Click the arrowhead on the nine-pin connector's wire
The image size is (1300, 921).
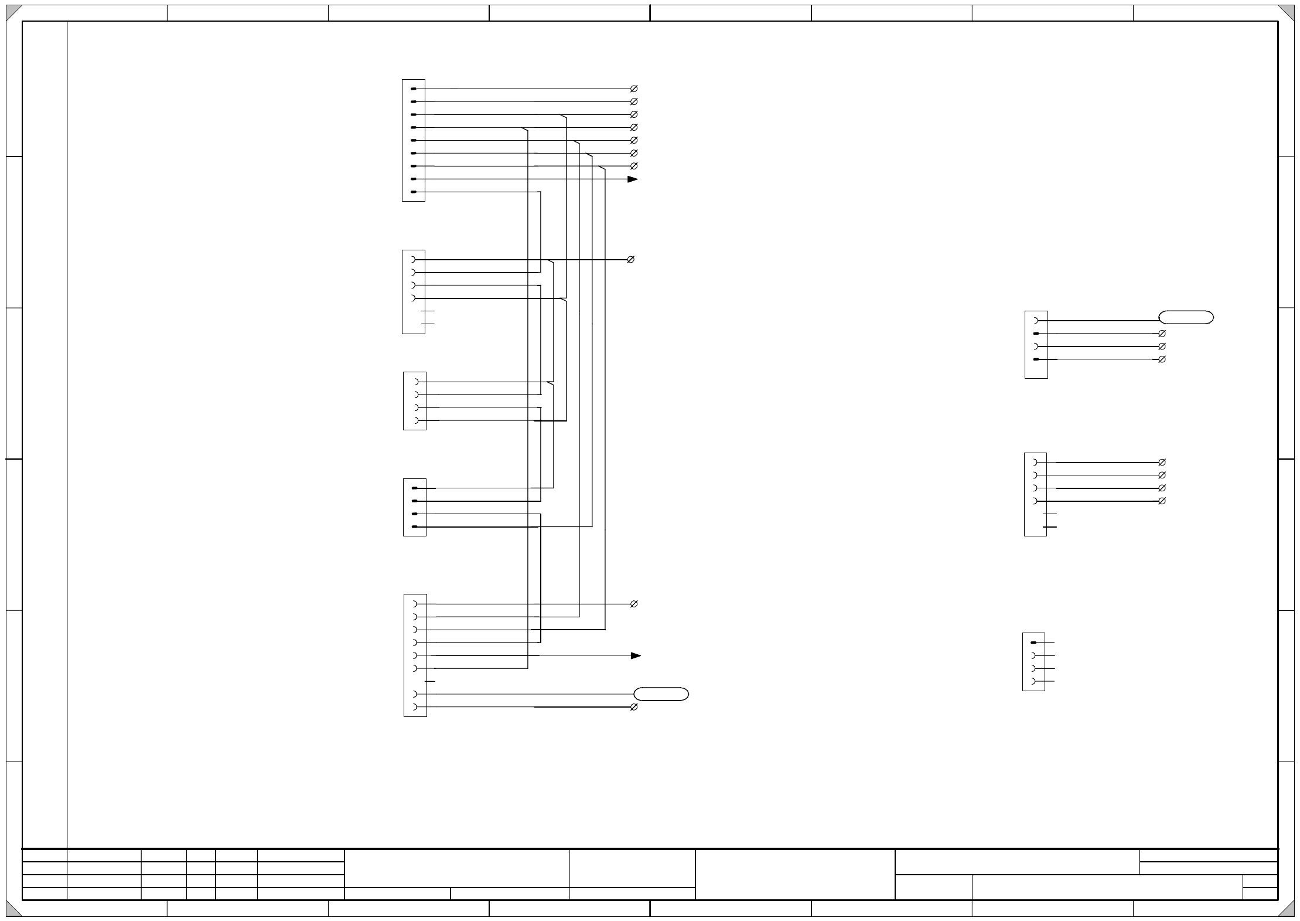coord(632,179)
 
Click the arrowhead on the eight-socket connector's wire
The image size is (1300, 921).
coord(636,655)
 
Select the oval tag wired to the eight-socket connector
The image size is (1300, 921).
coord(661,694)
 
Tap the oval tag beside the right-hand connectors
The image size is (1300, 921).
coord(1186,318)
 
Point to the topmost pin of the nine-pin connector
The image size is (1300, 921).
coord(414,89)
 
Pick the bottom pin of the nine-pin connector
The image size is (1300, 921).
coord(414,192)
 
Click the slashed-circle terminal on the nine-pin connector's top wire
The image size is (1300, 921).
coord(633,89)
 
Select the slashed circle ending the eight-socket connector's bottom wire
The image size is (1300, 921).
coord(633,708)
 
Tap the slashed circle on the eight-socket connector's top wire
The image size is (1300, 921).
coord(633,604)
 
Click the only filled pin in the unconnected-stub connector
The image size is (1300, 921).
coord(1033,643)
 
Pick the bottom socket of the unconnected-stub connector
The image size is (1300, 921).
coord(1033,681)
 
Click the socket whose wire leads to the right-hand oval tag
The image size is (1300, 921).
coord(1036,321)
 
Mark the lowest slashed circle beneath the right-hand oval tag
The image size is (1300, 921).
coord(1162,359)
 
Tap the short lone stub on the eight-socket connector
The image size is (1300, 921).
coord(431,681)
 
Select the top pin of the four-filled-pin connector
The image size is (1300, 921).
coord(415,488)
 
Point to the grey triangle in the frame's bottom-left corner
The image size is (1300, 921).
coord(13,909)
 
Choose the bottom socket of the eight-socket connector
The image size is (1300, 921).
coord(415,708)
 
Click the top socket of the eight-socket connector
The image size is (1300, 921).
coord(415,604)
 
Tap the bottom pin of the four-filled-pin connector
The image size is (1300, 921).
coord(415,527)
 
